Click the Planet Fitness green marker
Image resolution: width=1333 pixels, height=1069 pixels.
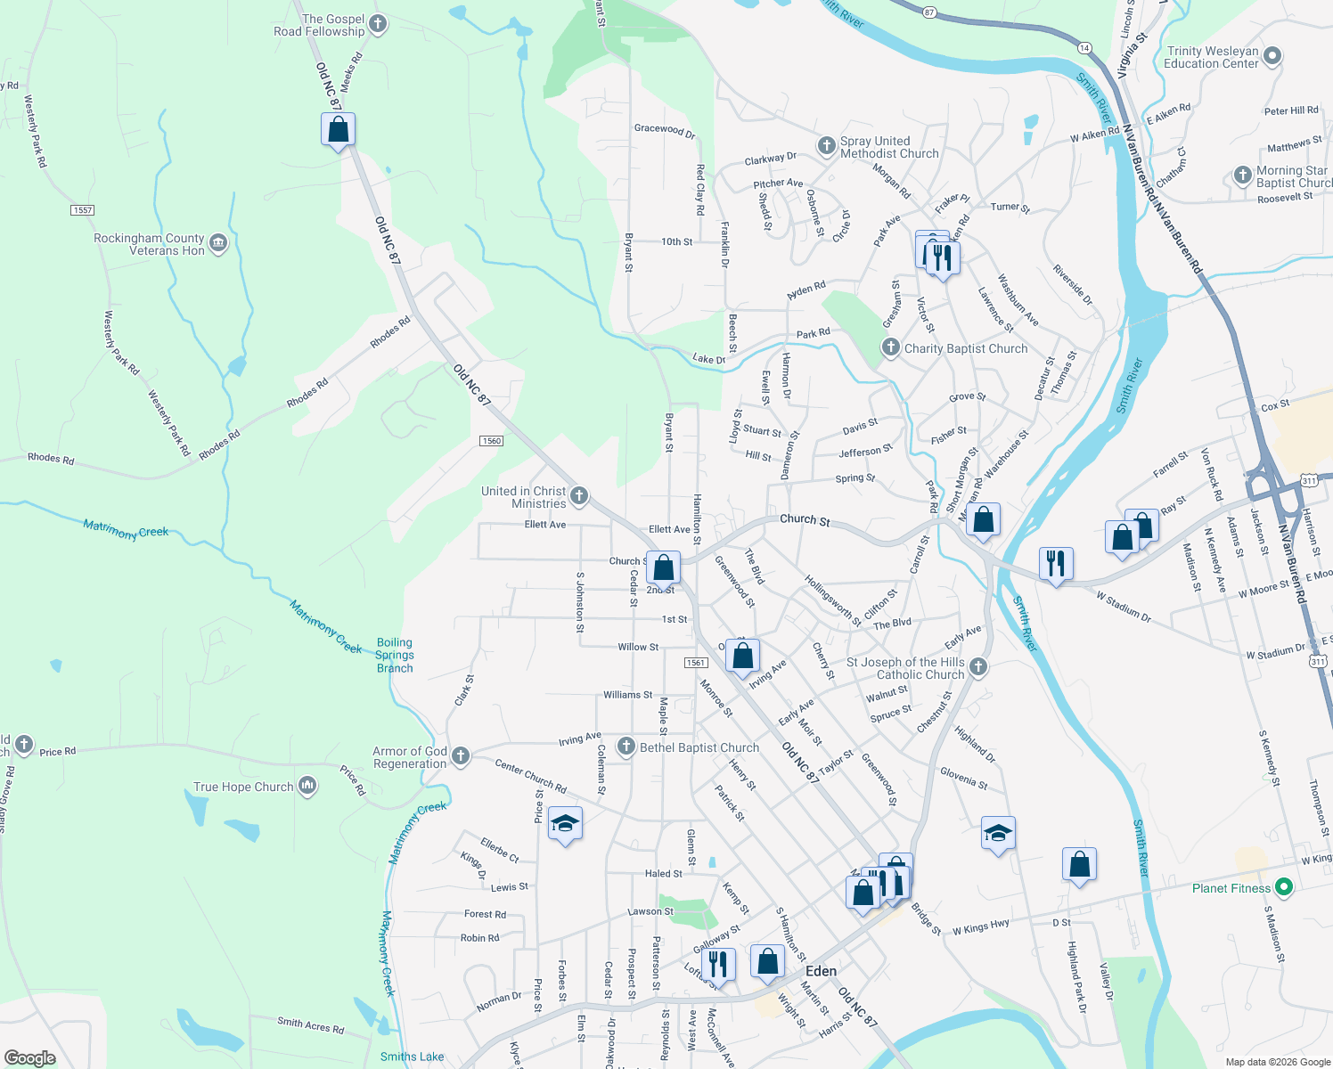tap(1283, 887)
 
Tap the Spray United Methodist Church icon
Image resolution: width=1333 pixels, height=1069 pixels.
tap(826, 145)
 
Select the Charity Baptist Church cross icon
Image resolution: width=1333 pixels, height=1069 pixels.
tap(890, 347)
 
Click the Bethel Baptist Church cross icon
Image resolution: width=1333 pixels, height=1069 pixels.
tap(626, 747)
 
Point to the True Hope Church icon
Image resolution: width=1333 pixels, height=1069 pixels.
tap(307, 786)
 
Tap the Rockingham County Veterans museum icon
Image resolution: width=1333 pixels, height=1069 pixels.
tap(218, 243)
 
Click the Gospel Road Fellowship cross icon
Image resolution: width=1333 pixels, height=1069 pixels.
tap(378, 24)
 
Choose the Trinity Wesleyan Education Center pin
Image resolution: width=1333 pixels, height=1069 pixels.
tap(1272, 56)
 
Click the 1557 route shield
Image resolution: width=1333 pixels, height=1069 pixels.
tap(82, 210)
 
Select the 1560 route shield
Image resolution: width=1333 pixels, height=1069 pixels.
tap(491, 441)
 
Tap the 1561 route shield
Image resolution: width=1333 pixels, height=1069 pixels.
tap(696, 663)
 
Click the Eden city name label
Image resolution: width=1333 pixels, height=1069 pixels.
tap(821, 971)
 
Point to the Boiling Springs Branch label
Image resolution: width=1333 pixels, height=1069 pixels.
tap(395, 656)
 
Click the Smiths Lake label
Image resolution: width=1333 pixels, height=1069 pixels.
tap(412, 1057)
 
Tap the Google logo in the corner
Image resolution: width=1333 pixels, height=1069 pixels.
tap(30, 1057)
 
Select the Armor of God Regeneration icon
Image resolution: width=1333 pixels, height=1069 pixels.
tap(460, 756)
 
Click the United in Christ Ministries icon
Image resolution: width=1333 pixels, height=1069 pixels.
tap(579, 495)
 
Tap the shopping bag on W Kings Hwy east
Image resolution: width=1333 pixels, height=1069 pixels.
tap(1079, 864)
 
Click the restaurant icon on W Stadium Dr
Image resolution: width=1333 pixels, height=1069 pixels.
tap(1055, 563)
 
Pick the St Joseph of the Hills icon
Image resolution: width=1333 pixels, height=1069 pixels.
tap(977, 667)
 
